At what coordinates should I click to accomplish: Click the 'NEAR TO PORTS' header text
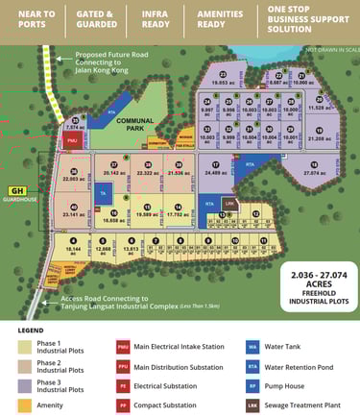30,20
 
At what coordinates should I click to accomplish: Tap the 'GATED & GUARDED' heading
95,20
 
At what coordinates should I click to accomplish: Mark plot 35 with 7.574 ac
74,122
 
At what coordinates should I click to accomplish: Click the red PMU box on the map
72,139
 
